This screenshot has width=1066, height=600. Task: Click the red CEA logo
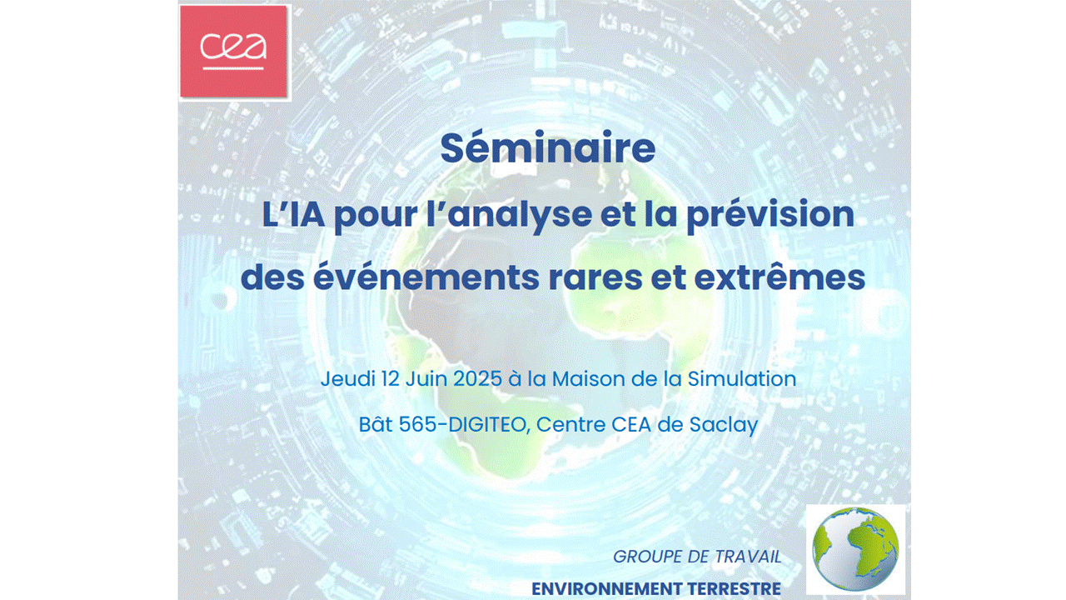tap(234, 52)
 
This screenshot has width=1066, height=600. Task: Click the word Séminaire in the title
tap(548, 148)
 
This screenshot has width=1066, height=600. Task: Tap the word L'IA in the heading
tap(294, 214)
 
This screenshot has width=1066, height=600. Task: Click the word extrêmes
tap(780, 277)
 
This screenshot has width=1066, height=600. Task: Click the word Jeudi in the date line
tap(347, 379)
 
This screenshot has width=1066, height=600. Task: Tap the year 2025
tap(477, 379)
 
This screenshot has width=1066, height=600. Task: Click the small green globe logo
tap(855, 549)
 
